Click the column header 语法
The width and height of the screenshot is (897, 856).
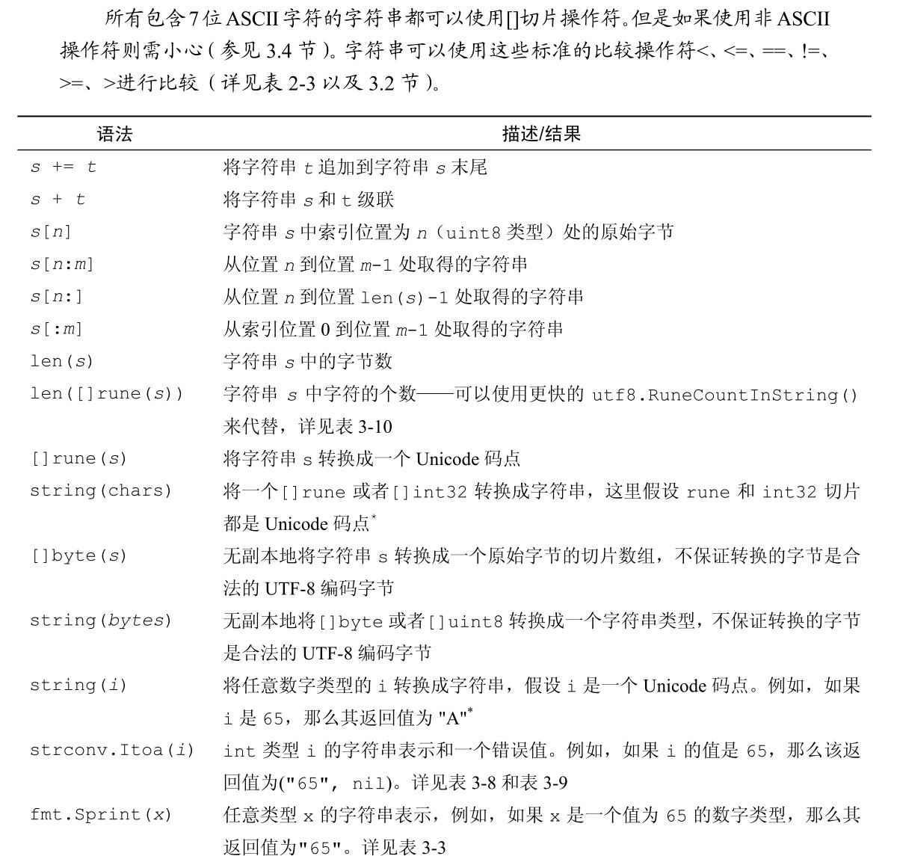pos(114,135)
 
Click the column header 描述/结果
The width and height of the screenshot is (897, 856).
pos(541,135)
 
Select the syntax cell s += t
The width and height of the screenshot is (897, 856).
pos(64,167)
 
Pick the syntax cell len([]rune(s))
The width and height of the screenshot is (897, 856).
pos(106,394)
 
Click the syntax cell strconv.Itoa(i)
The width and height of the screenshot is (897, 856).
pos(112,751)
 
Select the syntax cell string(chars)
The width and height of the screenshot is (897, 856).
pos(101,491)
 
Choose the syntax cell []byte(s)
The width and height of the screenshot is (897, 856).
pos(78,556)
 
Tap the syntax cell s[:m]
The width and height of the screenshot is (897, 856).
pos(56,329)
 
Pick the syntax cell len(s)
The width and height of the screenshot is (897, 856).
pos(62,362)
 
